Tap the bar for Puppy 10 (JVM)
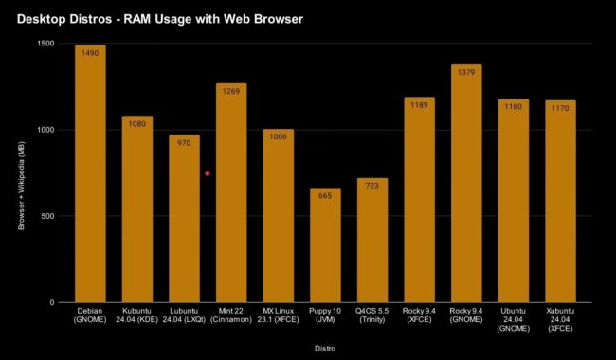(x=325, y=246)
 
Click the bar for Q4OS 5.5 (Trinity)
(x=372, y=241)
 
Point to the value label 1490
(x=90, y=54)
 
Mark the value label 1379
(x=466, y=73)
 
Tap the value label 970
(x=184, y=143)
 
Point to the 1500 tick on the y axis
(x=45, y=44)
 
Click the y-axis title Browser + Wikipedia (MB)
(x=20, y=173)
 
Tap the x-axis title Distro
(x=325, y=348)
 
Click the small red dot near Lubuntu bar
(x=208, y=173)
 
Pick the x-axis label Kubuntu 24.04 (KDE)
(x=136, y=315)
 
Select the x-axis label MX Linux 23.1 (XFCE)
(x=279, y=315)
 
